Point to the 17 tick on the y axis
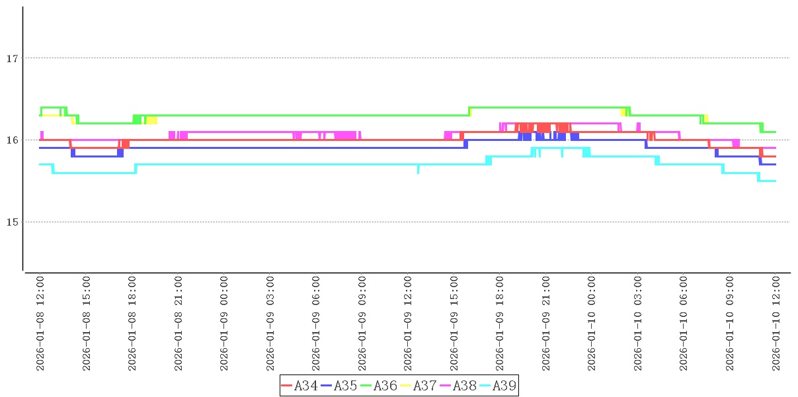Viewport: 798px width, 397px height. pos(11,58)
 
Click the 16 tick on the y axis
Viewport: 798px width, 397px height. pos(11,140)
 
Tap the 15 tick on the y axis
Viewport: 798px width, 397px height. pos(11,222)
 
